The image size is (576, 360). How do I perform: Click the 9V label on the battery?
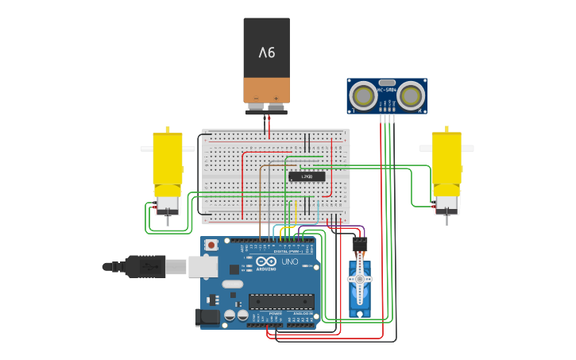tap(266, 52)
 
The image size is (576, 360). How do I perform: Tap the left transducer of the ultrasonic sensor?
tap(364, 96)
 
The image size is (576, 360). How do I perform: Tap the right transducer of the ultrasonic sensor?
tap(410, 96)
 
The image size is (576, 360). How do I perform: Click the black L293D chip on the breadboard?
tap(307, 176)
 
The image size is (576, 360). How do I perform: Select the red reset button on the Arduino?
tap(211, 246)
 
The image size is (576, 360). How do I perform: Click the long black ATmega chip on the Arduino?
tap(280, 301)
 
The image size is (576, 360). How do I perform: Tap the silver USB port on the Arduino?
tap(203, 266)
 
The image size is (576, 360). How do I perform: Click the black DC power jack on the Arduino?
tap(207, 317)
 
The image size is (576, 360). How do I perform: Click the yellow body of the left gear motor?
tap(168, 159)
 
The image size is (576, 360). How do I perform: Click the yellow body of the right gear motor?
tap(446, 159)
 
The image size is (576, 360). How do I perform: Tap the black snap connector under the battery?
tap(266, 109)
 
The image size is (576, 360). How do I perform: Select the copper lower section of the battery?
tap(266, 89)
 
